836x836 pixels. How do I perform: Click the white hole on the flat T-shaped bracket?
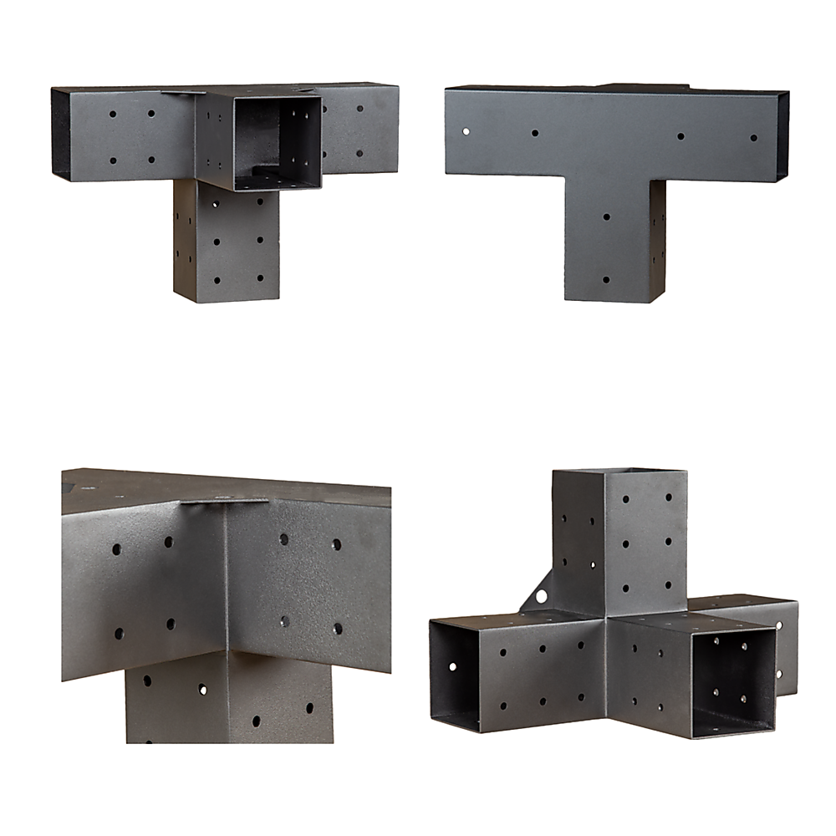coord(466,130)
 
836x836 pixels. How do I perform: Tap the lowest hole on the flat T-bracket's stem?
coord(606,280)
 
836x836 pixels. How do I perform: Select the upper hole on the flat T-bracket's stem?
coord(606,217)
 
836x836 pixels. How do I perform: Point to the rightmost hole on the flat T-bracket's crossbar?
coord(753,137)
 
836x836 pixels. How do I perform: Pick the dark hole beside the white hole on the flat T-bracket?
coord(534,132)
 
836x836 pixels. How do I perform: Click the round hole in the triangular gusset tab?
coord(542,596)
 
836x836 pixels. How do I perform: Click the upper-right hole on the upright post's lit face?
coord(669,497)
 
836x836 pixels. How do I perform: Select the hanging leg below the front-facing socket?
coord(226,242)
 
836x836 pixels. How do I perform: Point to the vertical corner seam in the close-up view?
coord(225,585)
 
